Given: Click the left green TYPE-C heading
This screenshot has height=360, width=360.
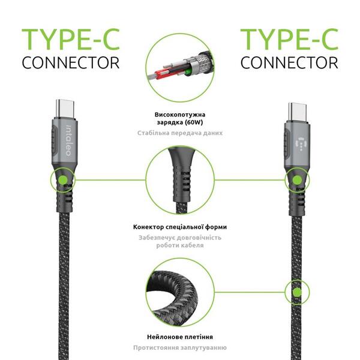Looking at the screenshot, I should (x=71, y=39).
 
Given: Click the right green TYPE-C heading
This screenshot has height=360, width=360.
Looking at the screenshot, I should (x=289, y=39).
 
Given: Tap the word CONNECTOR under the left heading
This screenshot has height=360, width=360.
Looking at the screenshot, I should (x=71, y=62).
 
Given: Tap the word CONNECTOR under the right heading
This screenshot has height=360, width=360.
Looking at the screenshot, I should (x=289, y=62).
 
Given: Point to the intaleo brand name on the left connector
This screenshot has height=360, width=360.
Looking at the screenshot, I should (x=68, y=140).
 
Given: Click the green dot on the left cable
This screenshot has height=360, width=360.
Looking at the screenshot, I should (x=63, y=179).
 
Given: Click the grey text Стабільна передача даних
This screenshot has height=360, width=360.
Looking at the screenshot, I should (x=179, y=133).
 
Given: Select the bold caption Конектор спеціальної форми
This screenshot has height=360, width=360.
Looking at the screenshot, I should (x=179, y=227).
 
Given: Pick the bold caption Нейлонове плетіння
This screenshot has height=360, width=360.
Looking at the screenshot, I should (x=179, y=337).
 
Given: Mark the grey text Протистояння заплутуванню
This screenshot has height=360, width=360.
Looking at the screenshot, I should (x=179, y=347).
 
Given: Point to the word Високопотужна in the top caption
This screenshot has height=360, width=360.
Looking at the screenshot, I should (x=179, y=113).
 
